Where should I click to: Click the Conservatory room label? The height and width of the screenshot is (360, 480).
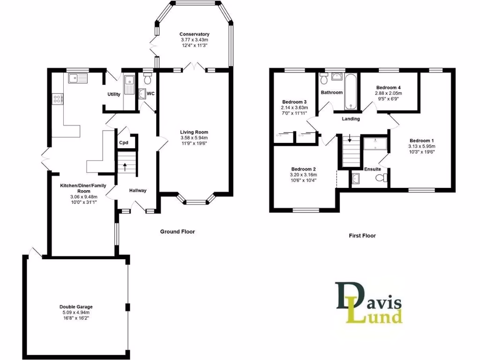pos(194,34)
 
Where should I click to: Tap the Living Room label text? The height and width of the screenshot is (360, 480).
pos(194,132)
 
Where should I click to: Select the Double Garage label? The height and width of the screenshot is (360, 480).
pos(75,307)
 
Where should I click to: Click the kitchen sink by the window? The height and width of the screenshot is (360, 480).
pos(77,78)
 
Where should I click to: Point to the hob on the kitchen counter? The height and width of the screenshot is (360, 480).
pos(58,98)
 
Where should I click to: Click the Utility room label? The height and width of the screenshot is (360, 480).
pos(114,94)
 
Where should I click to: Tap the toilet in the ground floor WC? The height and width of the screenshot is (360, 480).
pos(148,75)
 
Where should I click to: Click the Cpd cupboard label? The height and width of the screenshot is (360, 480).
pos(124,143)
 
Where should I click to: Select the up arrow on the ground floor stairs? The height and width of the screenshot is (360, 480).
pos(125,165)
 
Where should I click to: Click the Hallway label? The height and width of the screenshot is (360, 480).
pos(138,190)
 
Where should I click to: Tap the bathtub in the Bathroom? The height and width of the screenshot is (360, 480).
pos(351,91)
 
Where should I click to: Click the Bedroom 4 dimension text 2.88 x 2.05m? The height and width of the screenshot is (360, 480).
pos(389,93)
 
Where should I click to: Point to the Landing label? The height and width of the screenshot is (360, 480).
pos(351,119)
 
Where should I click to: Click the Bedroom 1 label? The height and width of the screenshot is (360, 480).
pos(422,141)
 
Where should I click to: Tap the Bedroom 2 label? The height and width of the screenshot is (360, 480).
pos(303,169)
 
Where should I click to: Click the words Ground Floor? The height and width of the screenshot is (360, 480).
pos(177,232)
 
